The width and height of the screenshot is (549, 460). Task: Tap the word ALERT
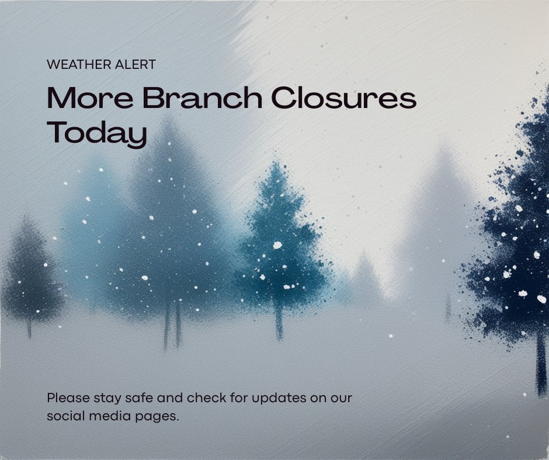[x=137, y=64]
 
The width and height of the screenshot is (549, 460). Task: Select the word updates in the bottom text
[x=284, y=399]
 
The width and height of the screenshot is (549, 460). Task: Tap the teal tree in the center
[x=280, y=245]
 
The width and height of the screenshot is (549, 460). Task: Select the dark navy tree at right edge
[x=520, y=234]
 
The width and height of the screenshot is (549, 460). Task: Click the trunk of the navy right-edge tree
[x=541, y=362]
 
